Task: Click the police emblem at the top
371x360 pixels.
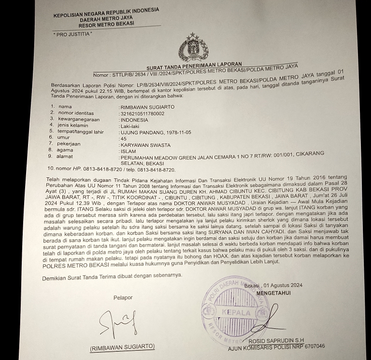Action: click(193, 48)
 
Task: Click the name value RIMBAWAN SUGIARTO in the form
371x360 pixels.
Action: click(147, 107)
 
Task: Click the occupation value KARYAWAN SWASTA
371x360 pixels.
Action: click(144, 144)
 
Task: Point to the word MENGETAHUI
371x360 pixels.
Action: click(274, 293)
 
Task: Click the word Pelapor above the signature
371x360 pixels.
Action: click(123, 298)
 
